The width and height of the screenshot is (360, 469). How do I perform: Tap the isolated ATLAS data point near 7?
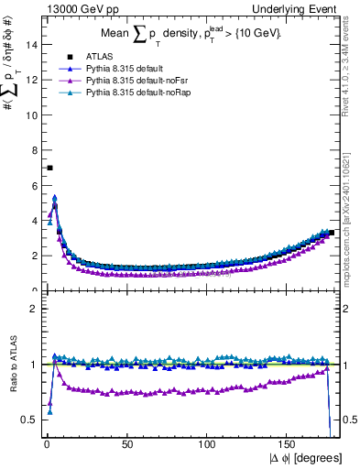coord(49,168)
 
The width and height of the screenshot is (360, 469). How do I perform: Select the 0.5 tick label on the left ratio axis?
coord(30,420)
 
